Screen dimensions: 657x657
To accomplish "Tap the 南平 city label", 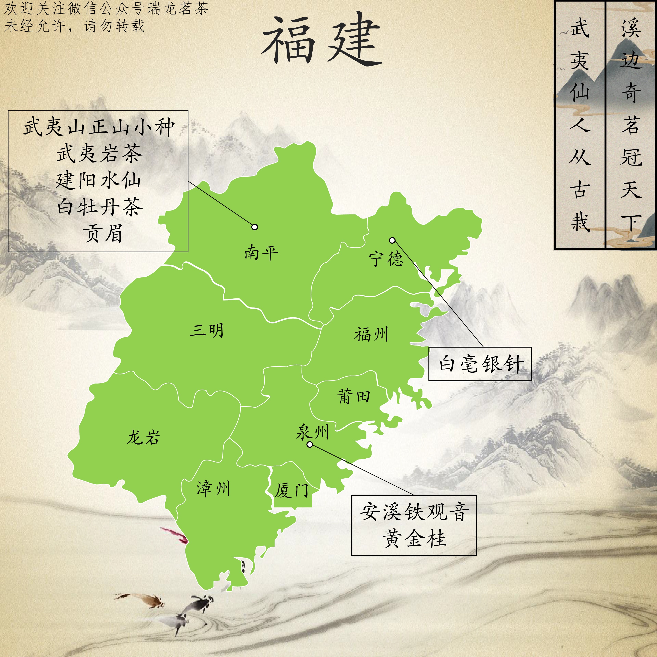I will click(x=261, y=253).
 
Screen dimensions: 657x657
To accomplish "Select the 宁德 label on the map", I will click(x=386, y=259).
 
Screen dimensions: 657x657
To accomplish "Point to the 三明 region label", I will click(x=207, y=330).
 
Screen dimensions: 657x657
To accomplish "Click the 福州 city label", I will click(x=371, y=334).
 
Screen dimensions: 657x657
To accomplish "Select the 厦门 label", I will click(x=292, y=490).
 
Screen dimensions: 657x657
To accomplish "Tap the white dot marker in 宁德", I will click(x=392, y=240).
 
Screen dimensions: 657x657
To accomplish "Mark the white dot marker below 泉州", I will click(x=310, y=444).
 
